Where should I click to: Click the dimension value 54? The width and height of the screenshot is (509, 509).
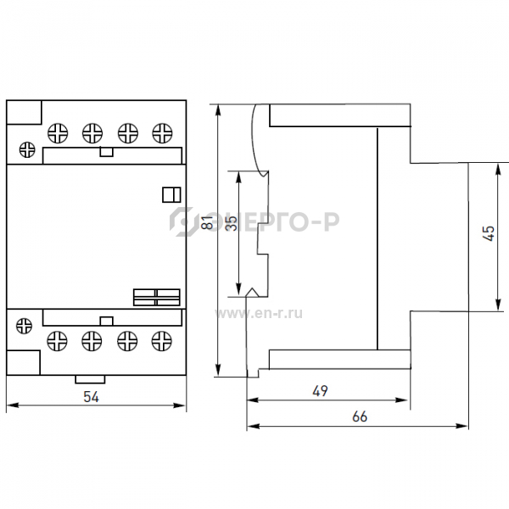coord(92,397)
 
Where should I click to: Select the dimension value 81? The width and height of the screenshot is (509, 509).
coord(207,222)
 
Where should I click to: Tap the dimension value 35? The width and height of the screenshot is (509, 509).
coord(231,223)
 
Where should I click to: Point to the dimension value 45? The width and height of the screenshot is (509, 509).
coord(489,233)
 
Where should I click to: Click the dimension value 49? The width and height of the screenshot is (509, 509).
coord(320,391)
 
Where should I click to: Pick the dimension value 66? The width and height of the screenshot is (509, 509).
coord(360,417)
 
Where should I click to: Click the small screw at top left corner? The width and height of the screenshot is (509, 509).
coord(27,150)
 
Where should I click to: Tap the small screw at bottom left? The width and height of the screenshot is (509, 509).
coord(24,326)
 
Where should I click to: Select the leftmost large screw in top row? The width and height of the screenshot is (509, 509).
coord(58,133)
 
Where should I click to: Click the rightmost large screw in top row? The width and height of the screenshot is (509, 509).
coord(162,133)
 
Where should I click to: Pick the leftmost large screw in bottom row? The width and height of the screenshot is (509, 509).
coord(57,341)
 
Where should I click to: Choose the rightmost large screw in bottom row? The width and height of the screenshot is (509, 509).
coord(162,341)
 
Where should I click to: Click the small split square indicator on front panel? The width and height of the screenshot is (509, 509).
coord(171,195)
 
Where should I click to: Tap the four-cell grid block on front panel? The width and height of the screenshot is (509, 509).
coord(156,298)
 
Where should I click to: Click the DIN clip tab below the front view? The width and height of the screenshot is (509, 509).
coord(90,379)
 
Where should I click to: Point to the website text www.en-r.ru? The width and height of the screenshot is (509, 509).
coord(259,314)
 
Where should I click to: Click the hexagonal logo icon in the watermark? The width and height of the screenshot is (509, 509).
coord(182,221)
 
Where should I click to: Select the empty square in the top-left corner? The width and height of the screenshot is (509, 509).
coord(24,112)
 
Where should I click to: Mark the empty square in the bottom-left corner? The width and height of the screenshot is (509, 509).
coord(23,362)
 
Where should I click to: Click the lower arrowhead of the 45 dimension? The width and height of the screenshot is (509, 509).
coord(497,305)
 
